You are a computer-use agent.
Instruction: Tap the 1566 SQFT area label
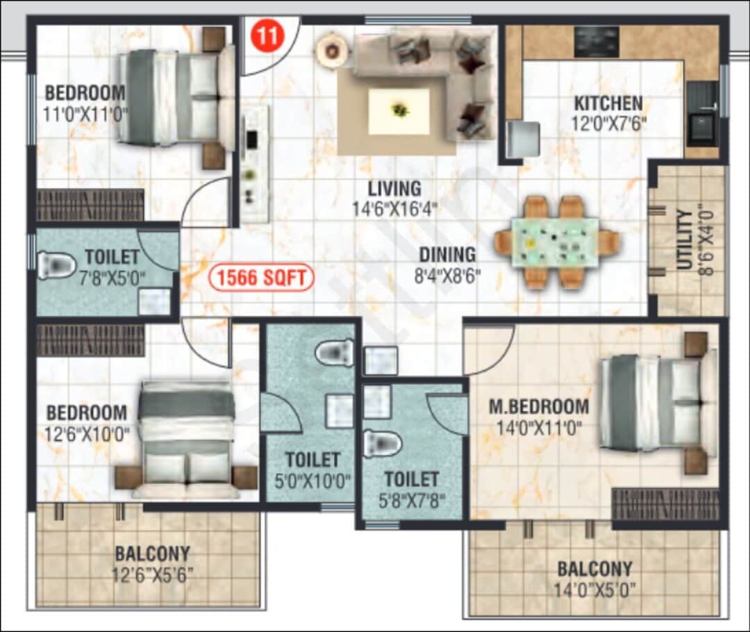[262, 278]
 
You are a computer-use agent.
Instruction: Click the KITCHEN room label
[608, 104]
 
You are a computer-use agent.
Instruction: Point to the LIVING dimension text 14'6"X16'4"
[394, 208]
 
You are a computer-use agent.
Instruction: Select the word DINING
[447, 255]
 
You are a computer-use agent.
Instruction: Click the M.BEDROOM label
[539, 406]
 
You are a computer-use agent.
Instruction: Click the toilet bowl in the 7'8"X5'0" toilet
[56, 265]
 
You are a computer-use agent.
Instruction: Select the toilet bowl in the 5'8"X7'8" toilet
[383, 442]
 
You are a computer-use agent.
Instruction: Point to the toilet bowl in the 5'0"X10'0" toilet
[335, 352]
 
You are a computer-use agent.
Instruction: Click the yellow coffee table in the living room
[399, 111]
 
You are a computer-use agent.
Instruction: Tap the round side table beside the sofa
[331, 50]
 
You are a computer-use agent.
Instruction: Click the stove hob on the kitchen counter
[597, 42]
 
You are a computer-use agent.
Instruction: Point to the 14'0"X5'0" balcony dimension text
[595, 590]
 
